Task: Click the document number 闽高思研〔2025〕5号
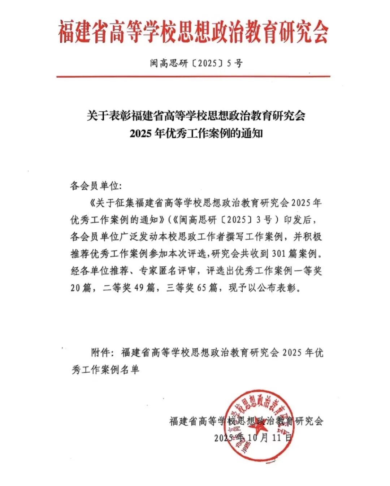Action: point(196,64)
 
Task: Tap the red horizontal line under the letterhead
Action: point(193,77)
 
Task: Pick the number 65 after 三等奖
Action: point(203,288)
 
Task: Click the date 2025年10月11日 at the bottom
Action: point(253,438)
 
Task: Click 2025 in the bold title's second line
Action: point(140,134)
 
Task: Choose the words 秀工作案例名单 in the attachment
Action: point(105,370)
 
